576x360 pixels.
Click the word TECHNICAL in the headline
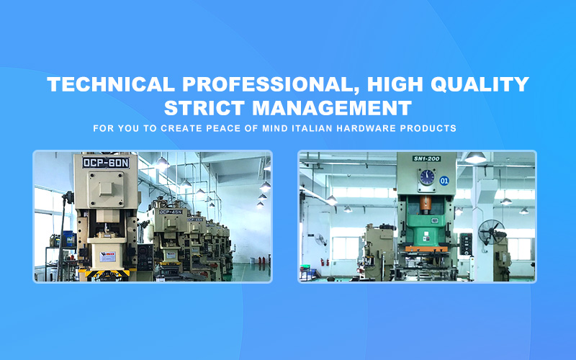[x=111, y=84]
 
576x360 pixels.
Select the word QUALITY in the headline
[x=480, y=84]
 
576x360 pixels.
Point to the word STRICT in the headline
[x=204, y=108]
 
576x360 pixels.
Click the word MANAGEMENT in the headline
[x=332, y=108]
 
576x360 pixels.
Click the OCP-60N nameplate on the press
[x=106, y=163]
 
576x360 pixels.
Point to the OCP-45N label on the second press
[x=171, y=212]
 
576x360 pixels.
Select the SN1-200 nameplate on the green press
[x=426, y=158]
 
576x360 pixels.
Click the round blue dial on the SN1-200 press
[x=427, y=176]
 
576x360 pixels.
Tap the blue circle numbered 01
[x=444, y=181]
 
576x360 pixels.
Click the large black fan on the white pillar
[x=491, y=232]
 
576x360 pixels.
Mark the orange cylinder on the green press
[x=426, y=204]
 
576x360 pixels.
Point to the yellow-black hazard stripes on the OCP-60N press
[x=104, y=273]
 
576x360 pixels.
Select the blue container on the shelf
[x=68, y=239]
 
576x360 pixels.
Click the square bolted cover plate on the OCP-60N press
[x=106, y=189]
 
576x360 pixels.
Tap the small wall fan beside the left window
[x=320, y=240]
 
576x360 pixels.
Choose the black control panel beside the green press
[x=466, y=244]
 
